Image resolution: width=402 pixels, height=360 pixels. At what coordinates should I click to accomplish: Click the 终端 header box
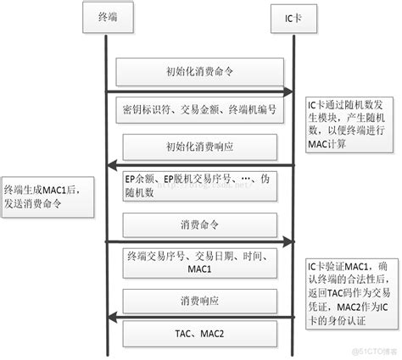click(x=109, y=17)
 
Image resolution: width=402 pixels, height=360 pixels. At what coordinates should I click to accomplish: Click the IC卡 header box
click(x=293, y=17)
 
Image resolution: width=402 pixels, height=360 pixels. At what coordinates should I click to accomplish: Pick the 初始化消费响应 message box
click(x=199, y=148)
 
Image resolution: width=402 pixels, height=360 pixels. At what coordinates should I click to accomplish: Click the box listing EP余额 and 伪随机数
click(x=199, y=185)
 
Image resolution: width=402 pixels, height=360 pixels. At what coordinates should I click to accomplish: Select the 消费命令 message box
click(x=199, y=226)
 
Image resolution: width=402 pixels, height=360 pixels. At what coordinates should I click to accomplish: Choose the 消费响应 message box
click(x=199, y=301)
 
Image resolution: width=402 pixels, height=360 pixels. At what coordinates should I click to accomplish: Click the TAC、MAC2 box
click(x=199, y=335)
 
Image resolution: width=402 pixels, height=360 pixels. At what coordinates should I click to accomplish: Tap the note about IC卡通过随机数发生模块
click(x=343, y=122)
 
